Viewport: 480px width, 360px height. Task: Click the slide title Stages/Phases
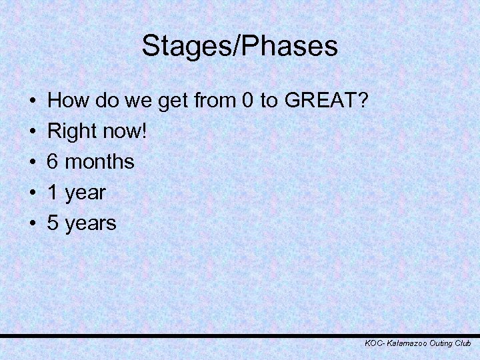tap(240, 47)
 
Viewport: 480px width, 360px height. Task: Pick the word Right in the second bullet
tap(72, 132)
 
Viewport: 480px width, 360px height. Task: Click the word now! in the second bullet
tap(127, 132)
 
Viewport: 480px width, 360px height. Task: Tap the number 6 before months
tap(54, 162)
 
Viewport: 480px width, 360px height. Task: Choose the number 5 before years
tap(54, 223)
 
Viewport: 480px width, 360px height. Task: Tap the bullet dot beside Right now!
tap(33, 132)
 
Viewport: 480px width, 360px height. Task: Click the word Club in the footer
tap(463, 343)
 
